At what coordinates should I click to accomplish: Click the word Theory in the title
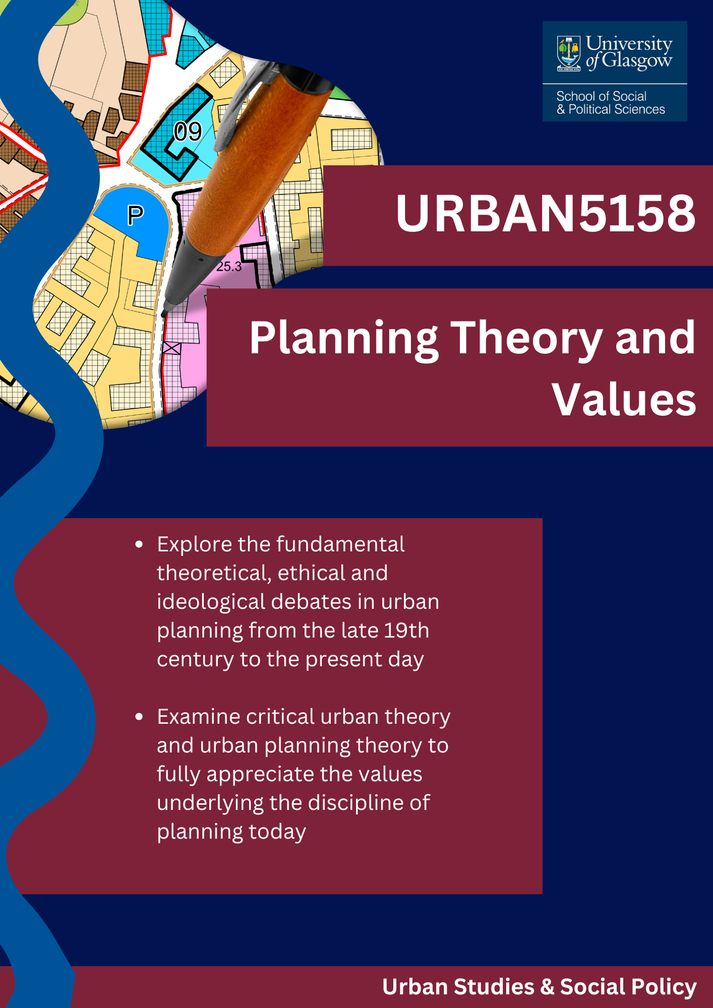528,338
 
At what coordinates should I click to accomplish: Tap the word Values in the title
624,400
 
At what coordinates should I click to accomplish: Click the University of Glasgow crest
568,53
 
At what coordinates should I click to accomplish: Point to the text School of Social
601,96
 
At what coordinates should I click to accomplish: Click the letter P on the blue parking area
135,215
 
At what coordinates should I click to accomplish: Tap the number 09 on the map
187,132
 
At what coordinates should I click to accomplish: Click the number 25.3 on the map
229,266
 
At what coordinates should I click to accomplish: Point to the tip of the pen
164,314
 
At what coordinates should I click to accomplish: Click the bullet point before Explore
139,545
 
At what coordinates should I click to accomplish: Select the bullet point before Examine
139,717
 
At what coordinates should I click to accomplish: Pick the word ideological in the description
211,602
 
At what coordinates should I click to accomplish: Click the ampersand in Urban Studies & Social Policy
547,987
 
